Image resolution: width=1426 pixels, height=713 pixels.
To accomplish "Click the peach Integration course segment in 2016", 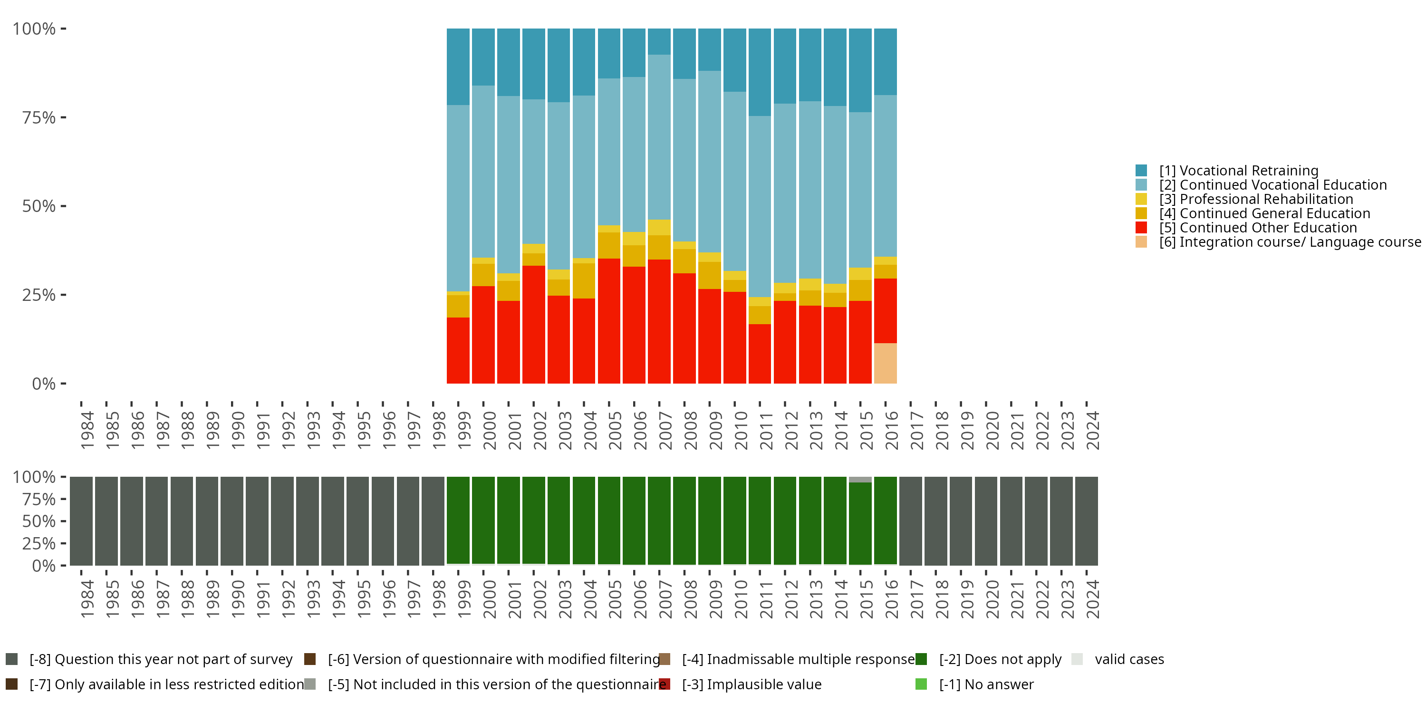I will pyautogui.click(x=885, y=363).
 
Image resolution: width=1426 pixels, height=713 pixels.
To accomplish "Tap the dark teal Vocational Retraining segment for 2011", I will pyautogui.click(x=760, y=72).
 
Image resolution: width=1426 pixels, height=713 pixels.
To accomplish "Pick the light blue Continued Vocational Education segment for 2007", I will pyautogui.click(x=659, y=137).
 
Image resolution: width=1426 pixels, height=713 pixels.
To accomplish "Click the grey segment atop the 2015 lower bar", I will pyautogui.click(x=860, y=480).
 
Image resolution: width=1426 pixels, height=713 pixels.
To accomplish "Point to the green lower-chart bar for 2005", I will pyautogui.click(x=609, y=520).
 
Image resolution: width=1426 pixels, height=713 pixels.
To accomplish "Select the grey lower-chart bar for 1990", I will pyautogui.click(x=232, y=520).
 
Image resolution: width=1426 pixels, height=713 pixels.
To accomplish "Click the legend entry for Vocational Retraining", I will pyautogui.click(x=1238, y=171).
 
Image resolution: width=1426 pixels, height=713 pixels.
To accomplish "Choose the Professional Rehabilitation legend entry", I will pyautogui.click(x=1256, y=199).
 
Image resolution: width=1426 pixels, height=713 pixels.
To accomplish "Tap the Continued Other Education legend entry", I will pyautogui.click(x=1258, y=228).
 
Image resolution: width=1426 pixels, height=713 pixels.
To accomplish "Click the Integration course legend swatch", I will pyautogui.click(x=1141, y=242).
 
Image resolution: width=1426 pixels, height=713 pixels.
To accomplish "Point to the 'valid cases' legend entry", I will pyautogui.click(x=1129, y=659).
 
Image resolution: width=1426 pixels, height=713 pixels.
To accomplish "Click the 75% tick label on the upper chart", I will pyautogui.click(x=39, y=117).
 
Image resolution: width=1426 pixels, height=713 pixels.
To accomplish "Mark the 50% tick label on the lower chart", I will pyautogui.click(x=39, y=521).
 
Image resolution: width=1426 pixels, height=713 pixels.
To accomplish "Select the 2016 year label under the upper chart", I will pyautogui.click(x=891, y=430).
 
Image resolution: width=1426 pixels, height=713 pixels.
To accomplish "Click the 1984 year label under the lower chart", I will pyautogui.click(x=87, y=599).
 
